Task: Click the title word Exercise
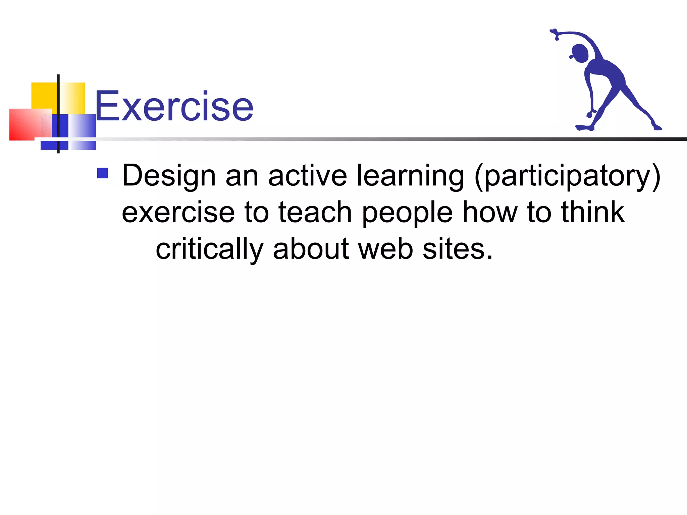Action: (174, 107)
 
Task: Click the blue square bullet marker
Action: (103, 173)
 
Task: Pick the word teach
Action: (315, 212)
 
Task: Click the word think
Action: (593, 212)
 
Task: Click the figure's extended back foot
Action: (657, 127)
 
